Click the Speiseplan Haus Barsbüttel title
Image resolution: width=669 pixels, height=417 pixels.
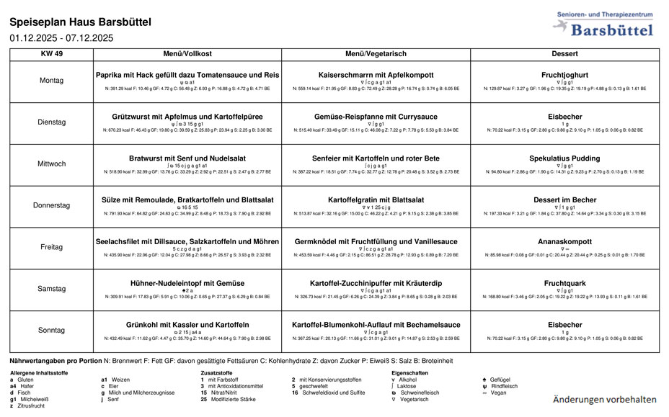(x=81, y=22)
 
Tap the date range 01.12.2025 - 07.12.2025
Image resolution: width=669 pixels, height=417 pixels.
(x=61, y=38)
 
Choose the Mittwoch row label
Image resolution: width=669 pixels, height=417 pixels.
(x=51, y=164)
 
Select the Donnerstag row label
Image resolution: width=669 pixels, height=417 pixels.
(x=51, y=205)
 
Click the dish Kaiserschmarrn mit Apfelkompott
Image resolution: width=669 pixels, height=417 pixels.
(x=376, y=75)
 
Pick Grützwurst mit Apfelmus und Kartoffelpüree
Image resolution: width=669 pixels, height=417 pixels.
(x=187, y=116)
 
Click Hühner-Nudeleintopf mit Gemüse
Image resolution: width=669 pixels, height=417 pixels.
(x=187, y=282)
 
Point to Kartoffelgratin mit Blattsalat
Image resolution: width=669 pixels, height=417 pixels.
(x=376, y=199)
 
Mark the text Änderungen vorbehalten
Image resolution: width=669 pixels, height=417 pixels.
(x=604, y=399)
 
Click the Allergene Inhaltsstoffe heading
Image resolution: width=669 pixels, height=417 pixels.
(x=39, y=372)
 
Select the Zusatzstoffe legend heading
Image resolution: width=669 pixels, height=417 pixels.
(x=217, y=372)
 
